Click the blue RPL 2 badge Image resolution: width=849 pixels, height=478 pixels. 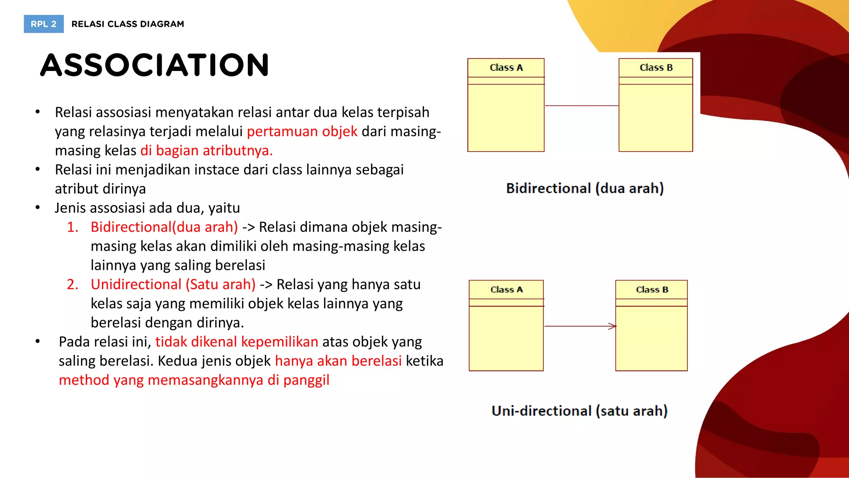pos(44,24)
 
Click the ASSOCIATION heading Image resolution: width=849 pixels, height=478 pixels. pos(155,65)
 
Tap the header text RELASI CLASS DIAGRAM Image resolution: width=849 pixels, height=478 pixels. pos(128,24)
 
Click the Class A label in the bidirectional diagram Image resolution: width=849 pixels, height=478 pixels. pos(506,68)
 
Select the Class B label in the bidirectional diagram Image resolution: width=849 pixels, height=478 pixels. pos(656,68)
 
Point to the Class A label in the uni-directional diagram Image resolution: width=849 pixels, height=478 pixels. pos(507,290)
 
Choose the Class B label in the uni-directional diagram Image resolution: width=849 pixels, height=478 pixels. pos(652,290)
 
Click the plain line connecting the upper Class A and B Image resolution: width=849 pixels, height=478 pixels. pos(581,106)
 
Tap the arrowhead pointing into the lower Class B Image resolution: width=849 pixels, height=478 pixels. pos(612,326)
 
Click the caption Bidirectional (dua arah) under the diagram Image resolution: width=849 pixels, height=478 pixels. pos(585,188)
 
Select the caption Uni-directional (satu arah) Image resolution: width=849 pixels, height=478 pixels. pos(580,411)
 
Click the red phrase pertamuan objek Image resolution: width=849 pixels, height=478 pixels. pos(302,132)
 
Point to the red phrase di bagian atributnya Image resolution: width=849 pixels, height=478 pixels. pos(206,151)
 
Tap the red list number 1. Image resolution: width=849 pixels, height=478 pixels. pos(73,227)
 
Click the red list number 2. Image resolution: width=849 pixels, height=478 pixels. pos(73,284)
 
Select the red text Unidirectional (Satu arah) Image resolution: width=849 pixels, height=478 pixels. pos(173,284)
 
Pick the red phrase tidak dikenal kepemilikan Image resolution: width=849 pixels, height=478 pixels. pos(237,341)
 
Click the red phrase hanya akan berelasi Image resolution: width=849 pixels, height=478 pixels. pos(338,361)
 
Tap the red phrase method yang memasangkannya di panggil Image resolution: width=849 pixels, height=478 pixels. pos(194,380)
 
